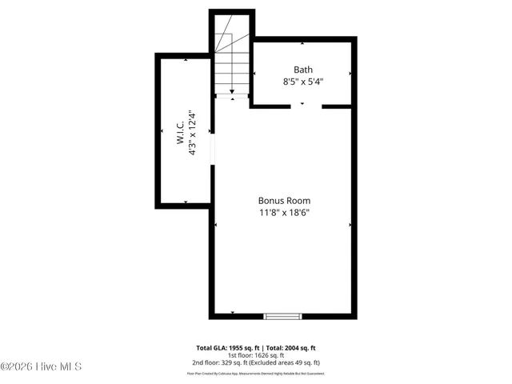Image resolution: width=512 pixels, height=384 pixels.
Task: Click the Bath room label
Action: coord(302,69)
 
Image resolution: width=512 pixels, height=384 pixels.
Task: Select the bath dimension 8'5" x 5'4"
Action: coord(302,82)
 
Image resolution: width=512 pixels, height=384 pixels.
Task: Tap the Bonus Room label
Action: coord(284,201)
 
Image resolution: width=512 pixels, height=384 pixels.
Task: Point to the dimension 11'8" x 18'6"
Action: coord(284,213)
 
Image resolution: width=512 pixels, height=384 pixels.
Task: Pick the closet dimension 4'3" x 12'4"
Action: coord(193,133)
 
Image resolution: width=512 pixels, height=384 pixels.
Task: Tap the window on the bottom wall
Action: coord(282,316)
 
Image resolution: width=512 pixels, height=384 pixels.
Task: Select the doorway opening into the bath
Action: coord(302,105)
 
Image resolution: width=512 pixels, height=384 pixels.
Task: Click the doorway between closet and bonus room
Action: coord(213,148)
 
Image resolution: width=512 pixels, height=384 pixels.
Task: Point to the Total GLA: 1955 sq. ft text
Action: coord(227,348)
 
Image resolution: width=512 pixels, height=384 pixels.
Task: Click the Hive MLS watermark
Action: coord(42,367)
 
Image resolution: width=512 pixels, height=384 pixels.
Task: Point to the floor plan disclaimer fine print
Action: coord(256,373)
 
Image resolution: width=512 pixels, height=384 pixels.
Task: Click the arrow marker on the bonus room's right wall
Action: coord(350,225)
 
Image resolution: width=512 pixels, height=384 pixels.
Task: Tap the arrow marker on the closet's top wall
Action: coord(186,60)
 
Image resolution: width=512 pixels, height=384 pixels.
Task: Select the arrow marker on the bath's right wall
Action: coord(350,74)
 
